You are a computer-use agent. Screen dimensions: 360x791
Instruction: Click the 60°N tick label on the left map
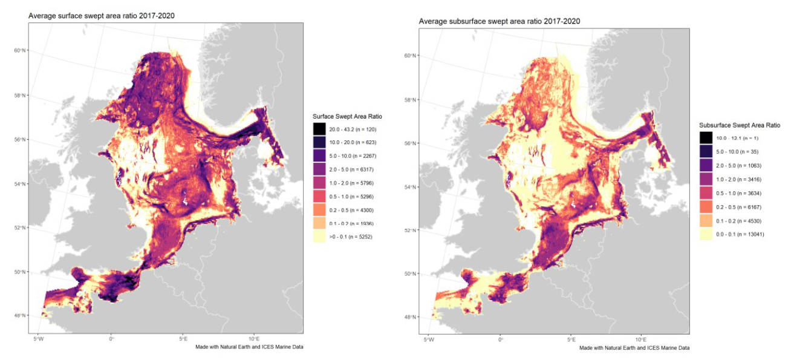pyautogui.click(x=19, y=50)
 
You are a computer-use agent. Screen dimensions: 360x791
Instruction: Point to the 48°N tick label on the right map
pyautogui.click(x=410, y=317)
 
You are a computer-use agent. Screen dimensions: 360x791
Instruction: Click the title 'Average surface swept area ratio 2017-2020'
pyautogui.click(x=102, y=16)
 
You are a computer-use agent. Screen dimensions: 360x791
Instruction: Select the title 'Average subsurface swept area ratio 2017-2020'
pyautogui.click(x=500, y=21)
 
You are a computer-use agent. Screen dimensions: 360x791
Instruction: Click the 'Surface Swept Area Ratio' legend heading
pyautogui.click(x=347, y=116)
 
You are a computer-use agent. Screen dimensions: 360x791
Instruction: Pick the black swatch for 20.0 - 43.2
pyautogui.click(x=320, y=129)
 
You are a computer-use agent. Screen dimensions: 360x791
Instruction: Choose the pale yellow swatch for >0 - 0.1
pyautogui.click(x=320, y=237)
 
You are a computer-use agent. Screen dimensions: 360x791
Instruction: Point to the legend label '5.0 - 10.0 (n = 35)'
pyautogui.click(x=738, y=152)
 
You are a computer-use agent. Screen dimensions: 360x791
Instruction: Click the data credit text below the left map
pyautogui.click(x=249, y=347)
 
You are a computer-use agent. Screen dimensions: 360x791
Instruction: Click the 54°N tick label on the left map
pyautogui.click(x=19, y=184)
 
